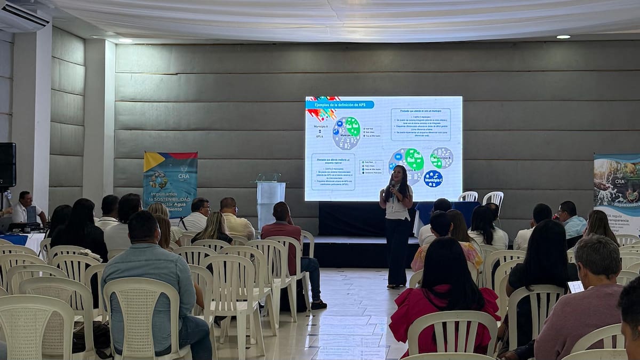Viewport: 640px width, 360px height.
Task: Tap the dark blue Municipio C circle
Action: click(x=433, y=179)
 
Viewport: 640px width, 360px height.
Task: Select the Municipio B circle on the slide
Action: click(x=442, y=158)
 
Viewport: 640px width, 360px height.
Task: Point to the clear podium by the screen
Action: click(x=270, y=199)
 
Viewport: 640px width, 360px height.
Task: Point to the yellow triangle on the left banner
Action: click(x=153, y=161)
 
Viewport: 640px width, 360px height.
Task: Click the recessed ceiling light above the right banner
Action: click(x=563, y=37)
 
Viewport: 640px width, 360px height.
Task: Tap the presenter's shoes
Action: click(x=395, y=286)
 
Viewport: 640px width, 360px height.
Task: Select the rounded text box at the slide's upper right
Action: click(x=420, y=124)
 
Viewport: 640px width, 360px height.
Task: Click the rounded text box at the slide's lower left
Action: click(x=333, y=171)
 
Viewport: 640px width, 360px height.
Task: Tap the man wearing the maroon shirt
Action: click(x=285, y=235)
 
